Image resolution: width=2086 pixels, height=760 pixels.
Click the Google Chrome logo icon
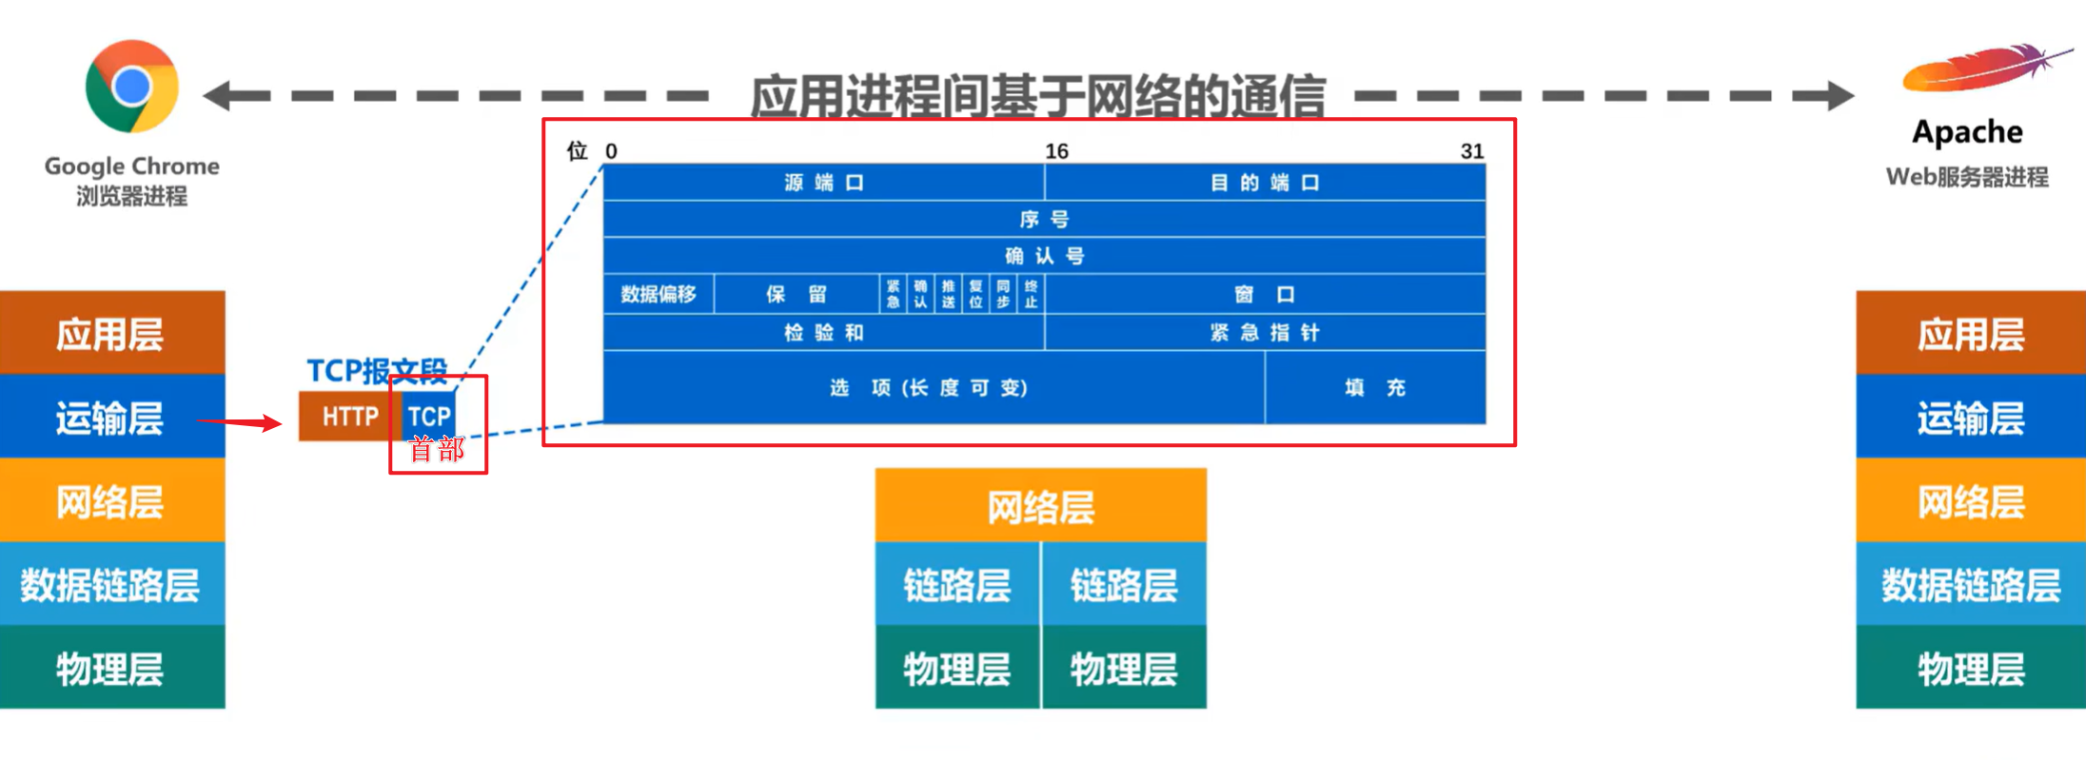(131, 87)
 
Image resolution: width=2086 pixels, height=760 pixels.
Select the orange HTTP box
(349, 417)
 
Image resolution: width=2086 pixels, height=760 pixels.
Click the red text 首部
(437, 449)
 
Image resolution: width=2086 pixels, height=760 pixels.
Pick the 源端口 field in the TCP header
(823, 183)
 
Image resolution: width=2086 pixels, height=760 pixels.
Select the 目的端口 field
(1264, 183)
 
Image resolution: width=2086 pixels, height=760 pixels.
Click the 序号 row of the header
(1044, 220)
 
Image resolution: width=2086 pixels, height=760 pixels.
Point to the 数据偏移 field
(659, 294)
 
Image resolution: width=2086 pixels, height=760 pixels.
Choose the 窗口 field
(1264, 295)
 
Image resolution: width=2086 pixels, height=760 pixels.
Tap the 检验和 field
(823, 333)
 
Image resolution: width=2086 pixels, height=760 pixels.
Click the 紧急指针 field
(1264, 333)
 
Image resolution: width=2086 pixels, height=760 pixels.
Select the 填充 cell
(1375, 387)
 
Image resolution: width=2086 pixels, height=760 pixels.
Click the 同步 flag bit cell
(1003, 294)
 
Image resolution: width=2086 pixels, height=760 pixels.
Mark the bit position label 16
(1056, 151)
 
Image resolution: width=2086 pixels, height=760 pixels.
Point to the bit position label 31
(1471, 151)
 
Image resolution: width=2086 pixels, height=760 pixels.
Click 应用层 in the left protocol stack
(110, 334)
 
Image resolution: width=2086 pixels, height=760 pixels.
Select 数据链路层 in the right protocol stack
(1970, 584)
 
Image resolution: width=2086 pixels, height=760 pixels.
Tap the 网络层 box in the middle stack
(1040, 507)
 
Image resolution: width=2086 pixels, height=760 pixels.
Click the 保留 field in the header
(797, 294)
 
